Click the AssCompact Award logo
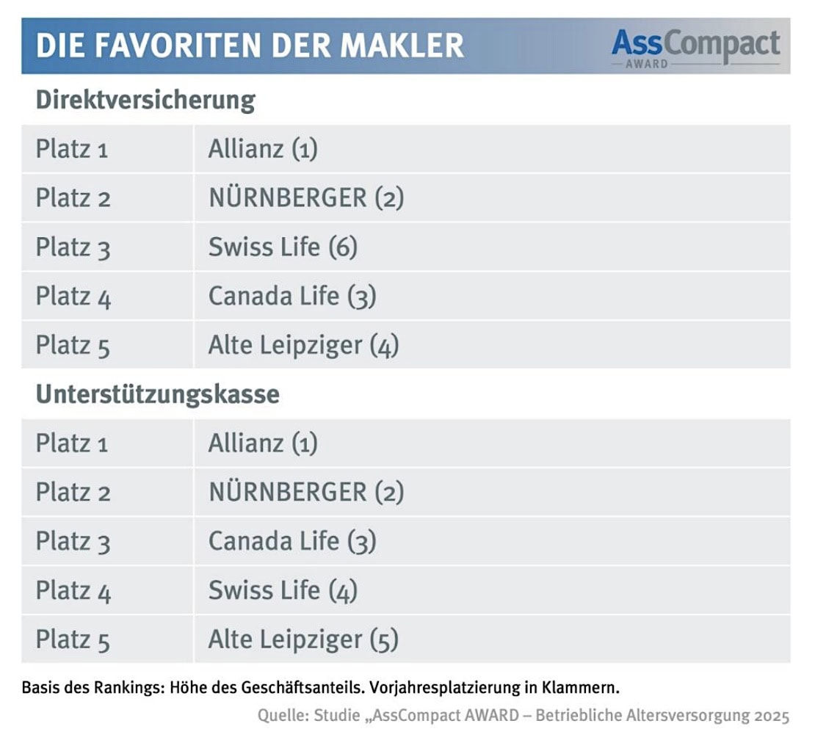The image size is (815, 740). click(x=695, y=47)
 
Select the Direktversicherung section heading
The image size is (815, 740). click(x=145, y=100)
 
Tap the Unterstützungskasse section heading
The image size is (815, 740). click(x=157, y=394)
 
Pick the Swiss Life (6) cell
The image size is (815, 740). click(x=283, y=247)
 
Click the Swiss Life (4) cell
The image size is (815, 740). click(x=283, y=590)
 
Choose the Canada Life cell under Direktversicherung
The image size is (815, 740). click(x=292, y=296)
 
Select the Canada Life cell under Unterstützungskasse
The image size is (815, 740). click(x=292, y=541)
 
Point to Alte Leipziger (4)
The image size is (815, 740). click(x=303, y=345)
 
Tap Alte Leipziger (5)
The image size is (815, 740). click(x=303, y=639)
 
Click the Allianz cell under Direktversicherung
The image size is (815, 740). click(x=263, y=149)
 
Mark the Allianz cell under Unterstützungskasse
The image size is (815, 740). click(x=263, y=443)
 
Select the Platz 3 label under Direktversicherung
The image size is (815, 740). click(x=73, y=247)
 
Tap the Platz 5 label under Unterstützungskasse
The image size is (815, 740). click(x=73, y=639)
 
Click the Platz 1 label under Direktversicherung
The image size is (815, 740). click(x=72, y=149)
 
